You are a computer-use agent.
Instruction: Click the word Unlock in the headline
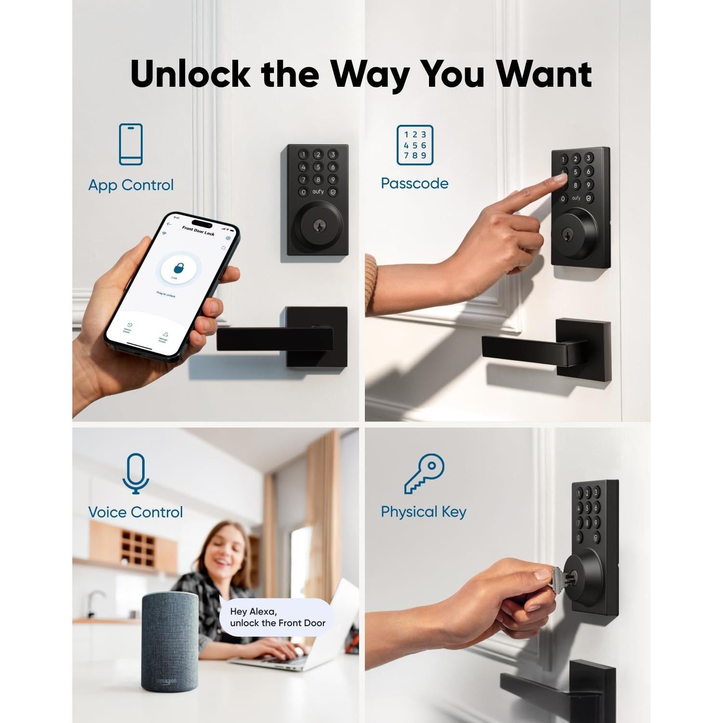pyautogui.click(x=190, y=74)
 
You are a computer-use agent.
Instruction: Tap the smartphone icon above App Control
pyautogui.click(x=131, y=144)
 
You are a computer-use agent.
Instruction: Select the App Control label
pyautogui.click(x=131, y=185)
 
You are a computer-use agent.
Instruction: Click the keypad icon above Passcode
pyautogui.click(x=415, y=145)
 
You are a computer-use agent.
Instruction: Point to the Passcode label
pyautogui.click(x=415, y=183)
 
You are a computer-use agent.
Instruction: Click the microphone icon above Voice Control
pyautogui.click(x=135, y=473)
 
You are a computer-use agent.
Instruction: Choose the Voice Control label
pyautogui.click(x=135, y=512)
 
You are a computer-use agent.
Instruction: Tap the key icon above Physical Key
pyautogui.click(x=424, y=473)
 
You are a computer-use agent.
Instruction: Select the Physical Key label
pyautogui.click(x=423, y=512)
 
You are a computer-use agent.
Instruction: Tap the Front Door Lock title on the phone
pyautogui.click(x=198, y=231)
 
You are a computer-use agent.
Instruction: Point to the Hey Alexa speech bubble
pyautogui.click(x=277, y=617)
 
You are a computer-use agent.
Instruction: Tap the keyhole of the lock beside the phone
pyautogui.click(x=318, y=226)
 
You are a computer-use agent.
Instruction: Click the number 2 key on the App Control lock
pyautogui.click(x=318, y=154)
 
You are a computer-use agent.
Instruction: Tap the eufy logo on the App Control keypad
pyautogui.click(x=318, y=192)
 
